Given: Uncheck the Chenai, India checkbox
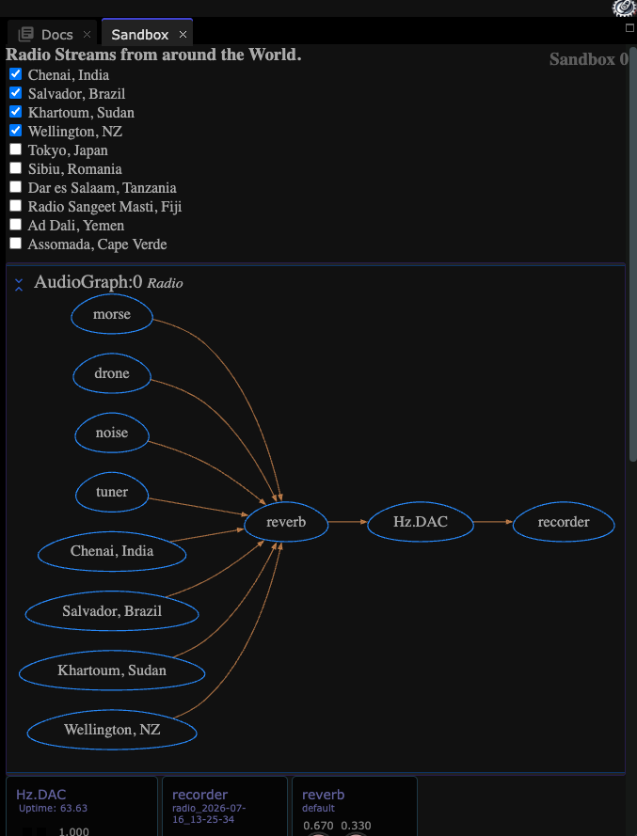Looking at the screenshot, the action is [x=15, y=74].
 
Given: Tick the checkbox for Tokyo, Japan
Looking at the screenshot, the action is [x=15, y=150].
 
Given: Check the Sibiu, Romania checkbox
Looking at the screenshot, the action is [x=15, y=168].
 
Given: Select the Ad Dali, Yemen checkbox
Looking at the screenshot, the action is [x=15, y=225].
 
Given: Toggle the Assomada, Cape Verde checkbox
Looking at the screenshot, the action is [x=15, y=244].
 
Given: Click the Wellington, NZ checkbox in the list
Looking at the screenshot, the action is [x=15, y=131].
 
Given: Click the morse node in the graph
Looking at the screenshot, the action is [x=112, y=314].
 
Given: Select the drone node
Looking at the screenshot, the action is [x=112, y=373].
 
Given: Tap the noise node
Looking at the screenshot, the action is [x=112, y=433].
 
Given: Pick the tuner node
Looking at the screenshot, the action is [x=112, y=492].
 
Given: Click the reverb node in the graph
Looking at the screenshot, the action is [x=286, y=521].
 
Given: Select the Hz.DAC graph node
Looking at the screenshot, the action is [x=421, y=521].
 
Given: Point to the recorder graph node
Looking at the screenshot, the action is [x=564, y=521].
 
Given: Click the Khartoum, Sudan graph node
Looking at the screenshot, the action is [x=112, y=670].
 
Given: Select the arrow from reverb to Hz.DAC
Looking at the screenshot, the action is [x=348, y=521].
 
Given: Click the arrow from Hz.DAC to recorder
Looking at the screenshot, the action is [x=493, y=521].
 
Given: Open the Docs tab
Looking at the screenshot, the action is [x=57, y=35].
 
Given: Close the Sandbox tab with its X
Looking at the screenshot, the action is [x=183, y=35].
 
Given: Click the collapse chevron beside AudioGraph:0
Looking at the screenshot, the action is [x=19, y=284].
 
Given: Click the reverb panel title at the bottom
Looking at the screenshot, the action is [x=324, y=795].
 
